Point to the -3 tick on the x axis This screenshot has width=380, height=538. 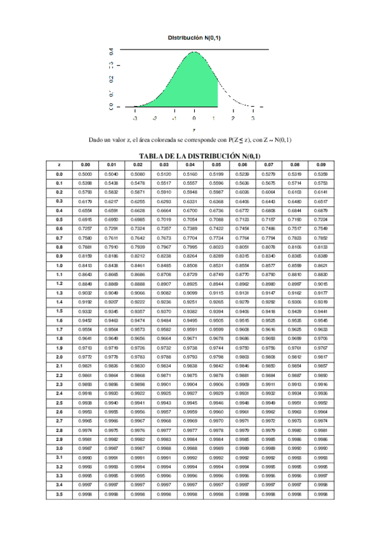pyautogui.click(x=135, y=118)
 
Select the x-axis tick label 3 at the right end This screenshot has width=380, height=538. pyautogui.click(x=252, y=118)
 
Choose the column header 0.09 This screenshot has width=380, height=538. pyautogui.click(x=321, y=164)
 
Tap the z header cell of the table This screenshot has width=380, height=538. pyautogui.click(x=59, y=164)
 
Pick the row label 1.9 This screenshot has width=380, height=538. pyautogui.click(x=59, y=348)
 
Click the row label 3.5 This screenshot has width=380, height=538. pyautogui.click(x=59, y=494)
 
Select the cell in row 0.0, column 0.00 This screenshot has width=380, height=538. pyautogui.click(x=85, y=174)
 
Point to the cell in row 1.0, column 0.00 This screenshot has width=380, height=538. pyautogui.click(x=85, y=265)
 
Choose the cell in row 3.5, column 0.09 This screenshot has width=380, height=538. pyautogui.click(x=321, y=494)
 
